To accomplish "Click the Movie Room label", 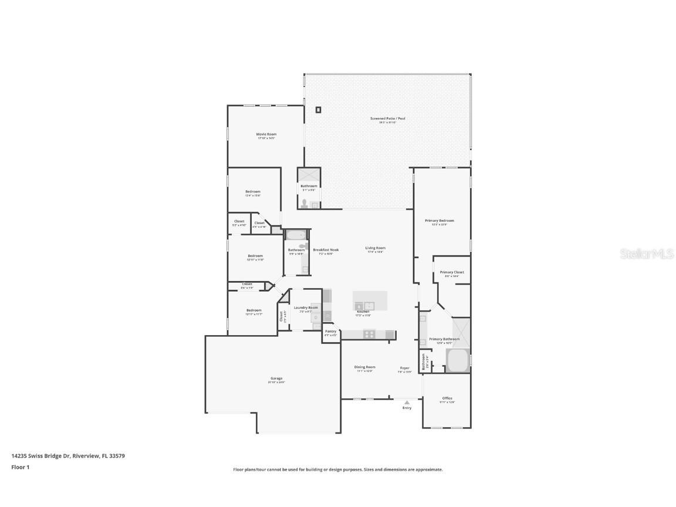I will tap(266, 134).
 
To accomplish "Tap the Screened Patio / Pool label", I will tap(387, 119).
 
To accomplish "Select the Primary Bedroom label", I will tap(440, 221).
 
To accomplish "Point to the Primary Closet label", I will tap(452, 272).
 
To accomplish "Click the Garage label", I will tap(276, 378).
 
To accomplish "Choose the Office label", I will tap(447, 398).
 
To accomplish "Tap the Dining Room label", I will tap(364, 367).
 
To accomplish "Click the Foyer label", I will tap(405, 368).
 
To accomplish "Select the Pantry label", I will tap(331, 332).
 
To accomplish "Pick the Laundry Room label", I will tap(306, 307).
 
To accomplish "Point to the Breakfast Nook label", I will tap(326, 249).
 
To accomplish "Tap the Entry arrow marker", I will tap(407, 403).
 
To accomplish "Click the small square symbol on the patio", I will tap(319, 110).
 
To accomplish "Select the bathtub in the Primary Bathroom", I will tap(457, 361).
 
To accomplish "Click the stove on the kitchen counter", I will tap(370, 334).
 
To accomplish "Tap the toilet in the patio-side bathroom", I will tap(304, 204).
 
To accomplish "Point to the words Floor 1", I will tap(20, 467).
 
